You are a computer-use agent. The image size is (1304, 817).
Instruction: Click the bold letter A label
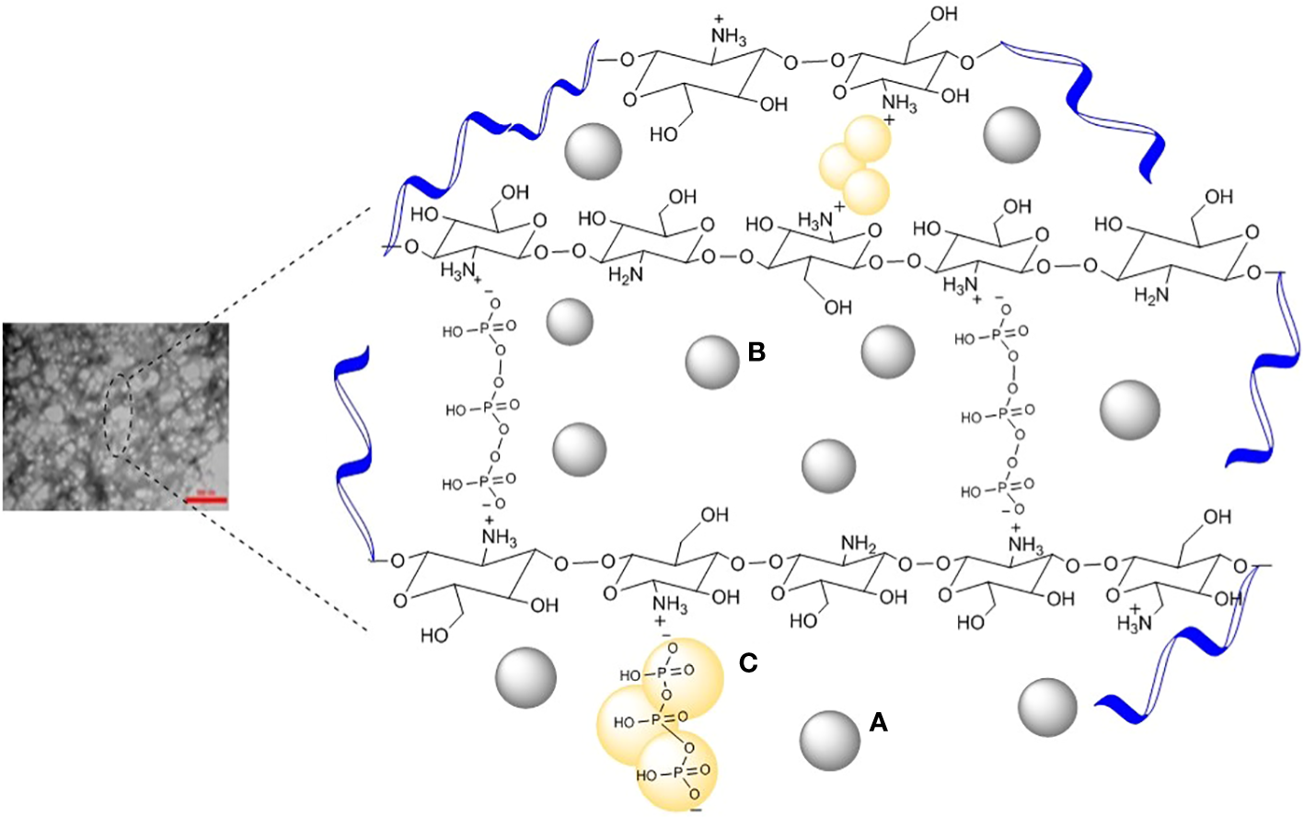click(x=878, y=724)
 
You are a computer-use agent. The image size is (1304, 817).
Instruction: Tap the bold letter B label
click(x=756, y=351)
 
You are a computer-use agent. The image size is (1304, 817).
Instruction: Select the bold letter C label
click(x=748, y=662)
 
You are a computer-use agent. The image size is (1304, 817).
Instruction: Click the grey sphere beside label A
click(x=829, y=741)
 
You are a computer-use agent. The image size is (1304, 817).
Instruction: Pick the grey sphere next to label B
click(x=711, y=362)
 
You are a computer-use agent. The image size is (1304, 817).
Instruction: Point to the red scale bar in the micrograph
click(x=205, y=500)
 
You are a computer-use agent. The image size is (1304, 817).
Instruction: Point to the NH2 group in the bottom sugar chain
click(x=858, y=546)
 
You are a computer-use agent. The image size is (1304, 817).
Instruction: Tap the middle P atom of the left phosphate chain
click(x=488, y=407)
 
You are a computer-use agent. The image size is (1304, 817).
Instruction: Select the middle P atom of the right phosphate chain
click(x=1004, y=415)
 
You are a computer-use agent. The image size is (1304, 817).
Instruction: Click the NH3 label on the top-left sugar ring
click(x=728, y=37)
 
